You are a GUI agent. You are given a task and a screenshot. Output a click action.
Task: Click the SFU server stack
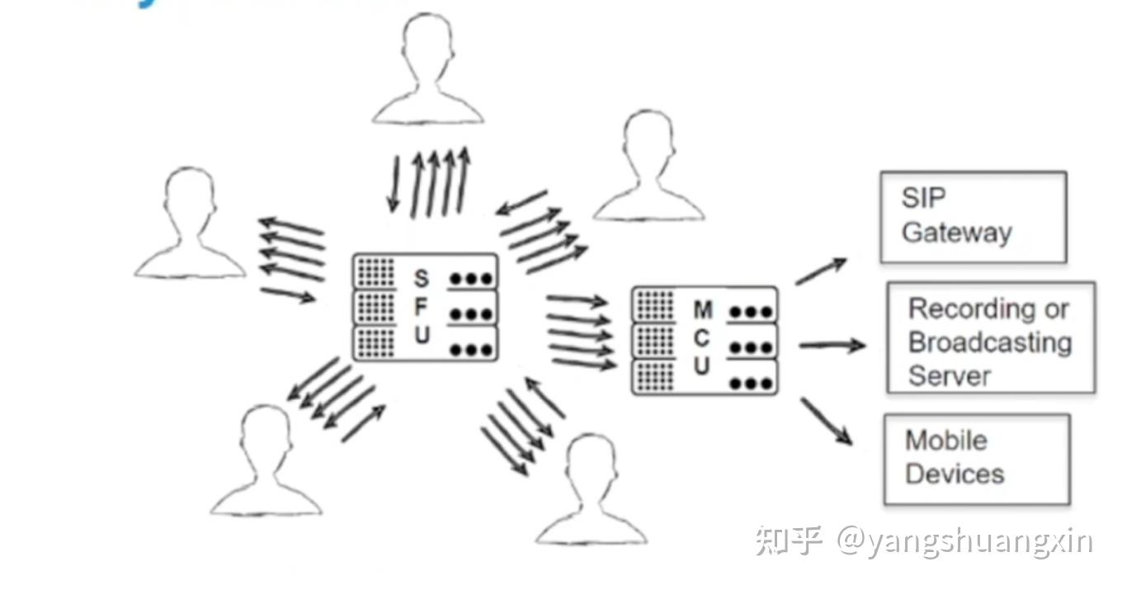pos(425,307)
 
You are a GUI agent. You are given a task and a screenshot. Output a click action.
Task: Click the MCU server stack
pos(704,340)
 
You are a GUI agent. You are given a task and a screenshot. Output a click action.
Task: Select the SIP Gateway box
pos(973,217)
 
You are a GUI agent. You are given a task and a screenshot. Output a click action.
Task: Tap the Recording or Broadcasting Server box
pos(991,338)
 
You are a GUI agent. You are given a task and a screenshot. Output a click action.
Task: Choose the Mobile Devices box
pos(976,459)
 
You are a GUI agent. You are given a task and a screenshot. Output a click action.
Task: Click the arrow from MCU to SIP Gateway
pos(821,271)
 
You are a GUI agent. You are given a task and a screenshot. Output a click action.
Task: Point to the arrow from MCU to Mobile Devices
pos(826,421)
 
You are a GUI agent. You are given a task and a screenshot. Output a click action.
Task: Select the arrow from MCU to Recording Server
pos(832,345)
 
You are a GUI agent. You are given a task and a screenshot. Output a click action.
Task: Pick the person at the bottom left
pos(266,462)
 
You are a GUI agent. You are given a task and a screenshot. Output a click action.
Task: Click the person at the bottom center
pos(591,491)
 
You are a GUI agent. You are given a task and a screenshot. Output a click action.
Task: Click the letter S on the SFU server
pos(422,278)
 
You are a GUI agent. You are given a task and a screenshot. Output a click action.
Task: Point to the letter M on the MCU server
pos(702,310)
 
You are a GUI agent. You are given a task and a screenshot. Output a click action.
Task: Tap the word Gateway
pos(956,233)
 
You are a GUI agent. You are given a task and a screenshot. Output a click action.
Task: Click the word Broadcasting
pos(989,342)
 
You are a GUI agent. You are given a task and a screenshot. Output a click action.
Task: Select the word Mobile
pos(945,440)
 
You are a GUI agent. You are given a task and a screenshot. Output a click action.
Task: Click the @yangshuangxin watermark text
pos(964,542)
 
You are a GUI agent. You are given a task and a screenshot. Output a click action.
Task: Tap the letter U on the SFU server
pos(422,336)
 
